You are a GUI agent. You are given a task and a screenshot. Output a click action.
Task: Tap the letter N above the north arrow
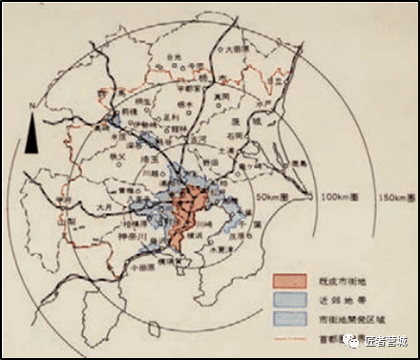click(33, 103)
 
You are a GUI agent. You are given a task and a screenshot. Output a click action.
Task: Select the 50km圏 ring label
click(272, 195)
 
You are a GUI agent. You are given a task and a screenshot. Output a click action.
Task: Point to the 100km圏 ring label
click(334, 199)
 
